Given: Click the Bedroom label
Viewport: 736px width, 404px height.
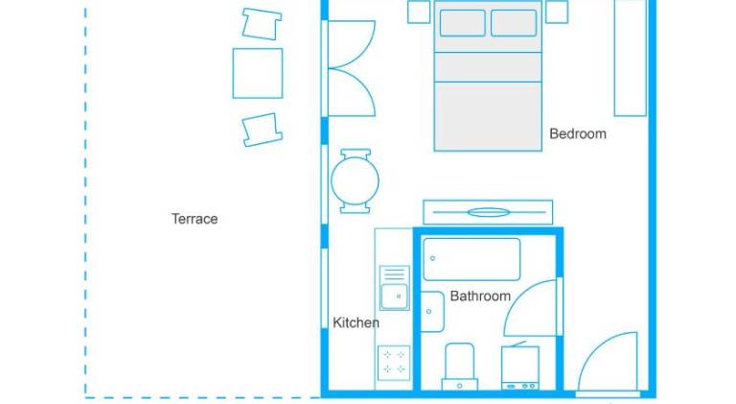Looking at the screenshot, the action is [x=578, y=134].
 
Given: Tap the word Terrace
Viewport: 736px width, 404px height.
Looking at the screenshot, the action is [x=195, y=219].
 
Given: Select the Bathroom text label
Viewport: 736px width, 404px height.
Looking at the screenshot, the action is [x=480, y=296].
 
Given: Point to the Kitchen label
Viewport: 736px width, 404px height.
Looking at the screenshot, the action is [x=356, y=322].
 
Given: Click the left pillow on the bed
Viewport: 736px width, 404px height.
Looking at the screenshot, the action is [x=462, y=23].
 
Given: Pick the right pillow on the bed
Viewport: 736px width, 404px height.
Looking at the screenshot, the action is [x=514, y=23].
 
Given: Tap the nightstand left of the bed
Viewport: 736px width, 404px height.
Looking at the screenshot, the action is [x=419, y=12].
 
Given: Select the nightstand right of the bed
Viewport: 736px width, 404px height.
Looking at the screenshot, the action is [x=557, y=12].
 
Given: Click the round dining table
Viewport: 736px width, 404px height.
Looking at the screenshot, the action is [x=355, y=180].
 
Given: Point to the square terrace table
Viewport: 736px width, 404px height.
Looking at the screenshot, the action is [x=258, y=73].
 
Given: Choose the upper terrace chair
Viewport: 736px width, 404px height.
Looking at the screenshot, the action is [x=262, y=24].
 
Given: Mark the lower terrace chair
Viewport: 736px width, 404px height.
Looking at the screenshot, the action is [x=262, y=130].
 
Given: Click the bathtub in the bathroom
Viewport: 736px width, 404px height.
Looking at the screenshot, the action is [x=471, y=259].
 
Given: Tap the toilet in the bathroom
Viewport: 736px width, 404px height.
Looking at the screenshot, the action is [x=460, y=367].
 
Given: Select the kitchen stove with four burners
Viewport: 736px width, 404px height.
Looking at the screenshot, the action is [x=394, y=363].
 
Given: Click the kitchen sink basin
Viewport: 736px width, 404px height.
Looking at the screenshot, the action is [x=394, y=297].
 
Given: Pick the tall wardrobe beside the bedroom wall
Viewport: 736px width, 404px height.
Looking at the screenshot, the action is [x=631, y=58].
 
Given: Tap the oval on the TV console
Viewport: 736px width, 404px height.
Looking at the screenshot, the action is [x=488, y=213].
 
